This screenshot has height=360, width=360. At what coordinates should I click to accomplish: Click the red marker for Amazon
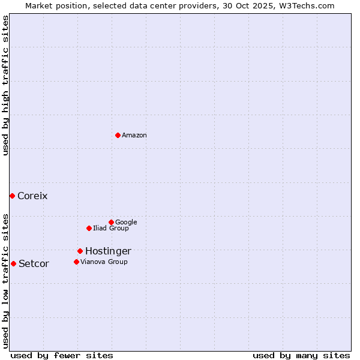[x=118, y=135]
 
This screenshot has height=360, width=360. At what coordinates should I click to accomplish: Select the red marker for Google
[x=111, y=222]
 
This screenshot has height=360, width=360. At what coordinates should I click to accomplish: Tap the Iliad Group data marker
[x=89, y=228]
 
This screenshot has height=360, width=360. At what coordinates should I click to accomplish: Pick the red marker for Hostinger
[x=80, y=251]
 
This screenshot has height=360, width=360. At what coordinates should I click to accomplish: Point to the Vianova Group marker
[x=76, y=262]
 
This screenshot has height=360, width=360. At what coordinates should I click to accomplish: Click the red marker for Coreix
[x=12, y=196]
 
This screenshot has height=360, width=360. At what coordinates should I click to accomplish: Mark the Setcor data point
[x=13, y=263]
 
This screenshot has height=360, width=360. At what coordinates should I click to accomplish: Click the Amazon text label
[x=134, y=136]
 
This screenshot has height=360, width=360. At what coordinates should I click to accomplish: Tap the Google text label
[x=126, y=223]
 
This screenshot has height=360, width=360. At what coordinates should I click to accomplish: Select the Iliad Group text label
[x=111, y=229]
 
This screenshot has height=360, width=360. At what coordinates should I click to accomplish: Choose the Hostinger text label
[x=108, y=251]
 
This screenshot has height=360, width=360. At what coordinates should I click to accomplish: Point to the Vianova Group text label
[x=104, y=262]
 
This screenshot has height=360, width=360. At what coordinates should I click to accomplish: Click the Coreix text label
[x=32, y=196]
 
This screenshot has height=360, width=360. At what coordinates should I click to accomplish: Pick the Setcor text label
[x=34, y=264]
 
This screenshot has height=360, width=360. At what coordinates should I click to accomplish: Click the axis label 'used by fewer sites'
[x=62, y=356]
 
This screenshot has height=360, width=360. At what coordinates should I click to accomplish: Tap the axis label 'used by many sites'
[x=301, y=356]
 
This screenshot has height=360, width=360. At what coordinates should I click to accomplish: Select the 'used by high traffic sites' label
[x=5, y=85]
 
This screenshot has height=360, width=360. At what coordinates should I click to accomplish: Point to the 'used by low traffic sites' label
[x=5, y=281]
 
